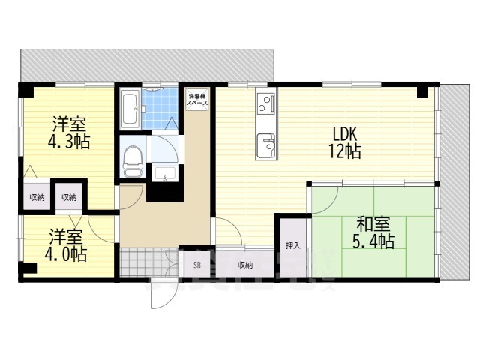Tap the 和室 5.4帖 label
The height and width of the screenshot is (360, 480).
373,232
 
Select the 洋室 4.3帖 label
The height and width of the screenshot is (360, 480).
70,132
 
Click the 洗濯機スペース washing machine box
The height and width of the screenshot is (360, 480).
199,100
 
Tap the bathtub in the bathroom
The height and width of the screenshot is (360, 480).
129,109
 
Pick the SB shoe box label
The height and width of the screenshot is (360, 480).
197,265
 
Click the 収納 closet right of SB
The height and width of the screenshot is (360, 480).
245,265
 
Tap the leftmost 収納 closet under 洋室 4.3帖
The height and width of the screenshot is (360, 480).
36,197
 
